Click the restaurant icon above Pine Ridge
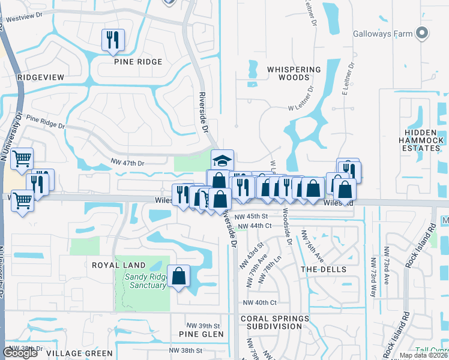click(113, 40)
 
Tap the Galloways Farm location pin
click(423, 34)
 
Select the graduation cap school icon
click(222, 160)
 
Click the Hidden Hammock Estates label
click(422, 143)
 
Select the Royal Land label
click(119, 265)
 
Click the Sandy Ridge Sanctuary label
click(145, 281)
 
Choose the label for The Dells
click(324, 269)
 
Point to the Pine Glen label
click(201, 334)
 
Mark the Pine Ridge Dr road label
click(45, 124)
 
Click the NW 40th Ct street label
click(260, 303)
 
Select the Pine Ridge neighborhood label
click(137, 62)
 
